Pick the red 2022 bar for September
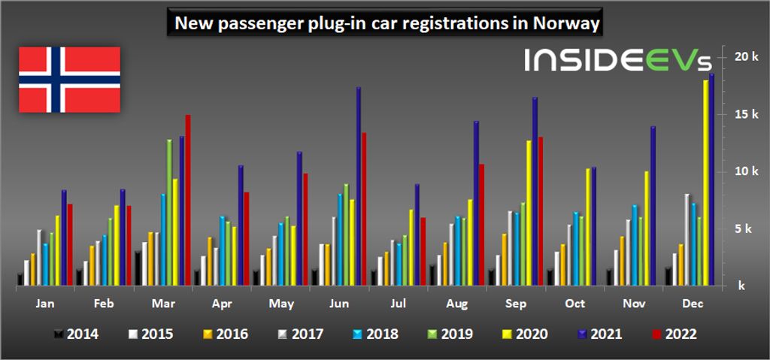[540, 211]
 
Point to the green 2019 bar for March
[169, 212]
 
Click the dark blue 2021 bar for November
[653, 206]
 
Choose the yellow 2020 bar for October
[588, 227]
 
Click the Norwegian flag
[69, 80]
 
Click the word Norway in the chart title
[565, 23]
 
